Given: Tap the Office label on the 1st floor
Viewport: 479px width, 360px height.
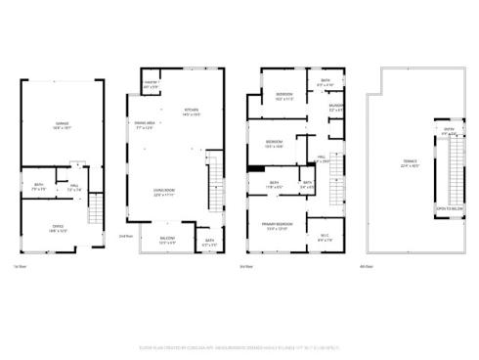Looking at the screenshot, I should (x=59, y=230).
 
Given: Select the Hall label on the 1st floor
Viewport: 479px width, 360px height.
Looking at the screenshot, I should (x=74, y=187).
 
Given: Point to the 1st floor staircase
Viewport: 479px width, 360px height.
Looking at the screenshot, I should (x=95, y=209).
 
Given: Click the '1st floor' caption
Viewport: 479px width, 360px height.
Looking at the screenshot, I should (x=20, y=266).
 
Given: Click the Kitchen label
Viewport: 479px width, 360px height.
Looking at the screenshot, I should (x=191, y=112).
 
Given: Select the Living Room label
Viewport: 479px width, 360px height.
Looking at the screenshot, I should (x=164, y=192).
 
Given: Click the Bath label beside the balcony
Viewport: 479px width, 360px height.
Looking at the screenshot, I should (x=209, y=243).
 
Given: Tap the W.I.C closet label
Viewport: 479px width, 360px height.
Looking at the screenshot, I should (x=326, y=237).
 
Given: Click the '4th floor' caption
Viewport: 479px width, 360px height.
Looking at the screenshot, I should (x=367, y=266).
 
